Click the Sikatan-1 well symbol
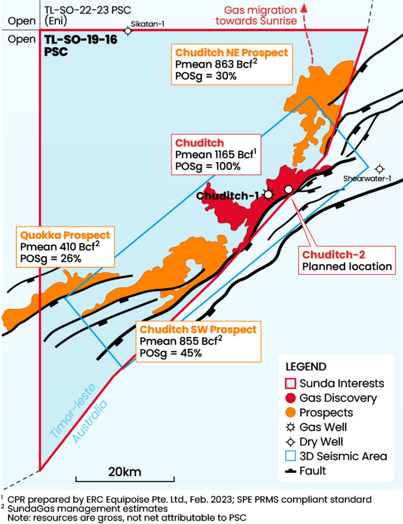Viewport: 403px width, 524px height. point(129,31)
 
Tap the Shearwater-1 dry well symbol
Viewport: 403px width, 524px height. point(379,168)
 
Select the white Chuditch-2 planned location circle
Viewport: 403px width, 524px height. point(288,190)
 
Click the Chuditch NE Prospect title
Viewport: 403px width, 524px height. point(231,53)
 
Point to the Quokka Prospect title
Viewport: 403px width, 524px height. point(65,235)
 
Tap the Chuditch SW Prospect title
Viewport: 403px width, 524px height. point(198,329)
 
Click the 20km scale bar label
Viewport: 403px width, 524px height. point(124,471)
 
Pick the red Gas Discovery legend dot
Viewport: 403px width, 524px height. point(290,398)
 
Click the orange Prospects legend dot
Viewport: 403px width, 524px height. point(290,412)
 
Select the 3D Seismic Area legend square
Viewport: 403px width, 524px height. point(290,456)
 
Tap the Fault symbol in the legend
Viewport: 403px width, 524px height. point(290,471)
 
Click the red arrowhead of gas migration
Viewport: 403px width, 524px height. point(307,6)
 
